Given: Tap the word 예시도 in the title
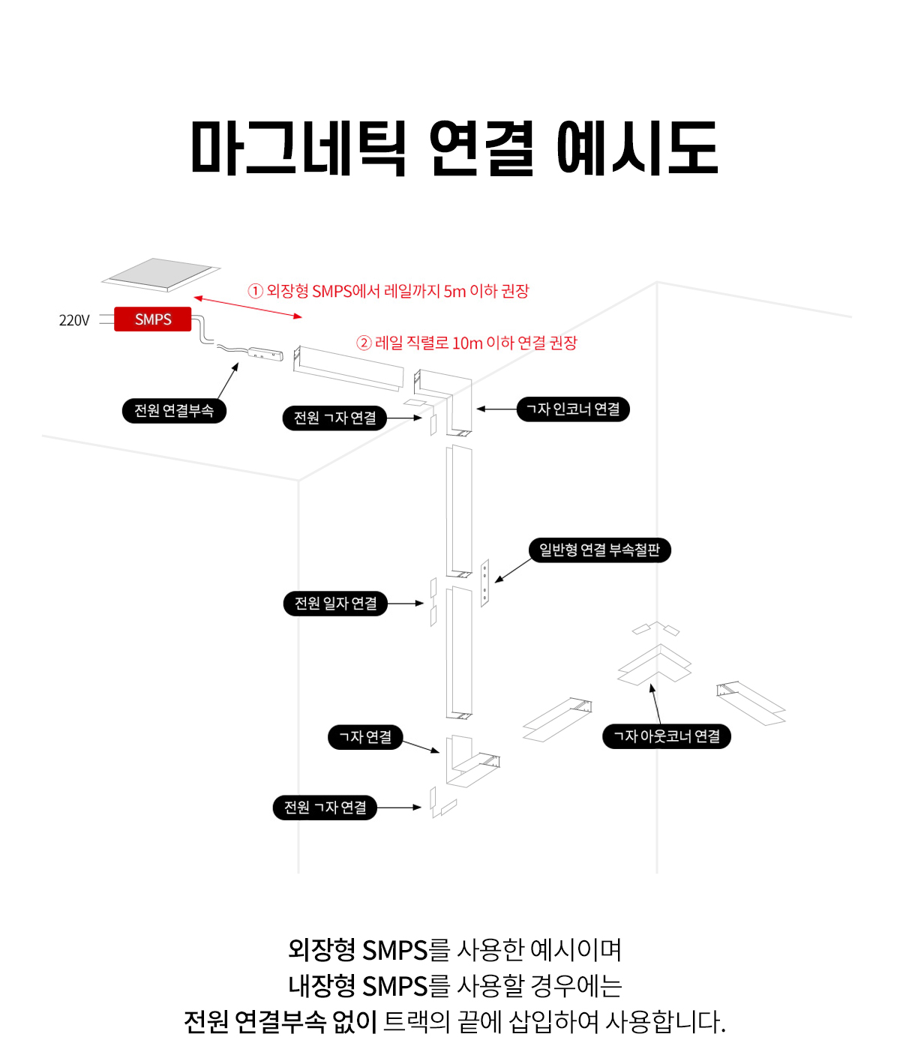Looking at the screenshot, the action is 637,148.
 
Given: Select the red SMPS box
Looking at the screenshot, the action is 153,319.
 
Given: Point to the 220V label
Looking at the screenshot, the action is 74,320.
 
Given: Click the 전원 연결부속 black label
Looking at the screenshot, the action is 174,410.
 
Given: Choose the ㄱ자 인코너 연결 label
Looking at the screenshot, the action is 573,409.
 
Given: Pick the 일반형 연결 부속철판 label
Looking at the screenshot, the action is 599,550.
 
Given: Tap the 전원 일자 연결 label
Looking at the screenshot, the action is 335,604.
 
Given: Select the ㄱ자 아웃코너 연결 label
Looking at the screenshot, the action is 667,736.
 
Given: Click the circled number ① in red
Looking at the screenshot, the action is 256,291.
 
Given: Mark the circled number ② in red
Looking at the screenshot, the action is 364,343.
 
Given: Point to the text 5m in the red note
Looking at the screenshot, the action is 455,291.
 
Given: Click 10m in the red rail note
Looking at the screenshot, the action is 467,343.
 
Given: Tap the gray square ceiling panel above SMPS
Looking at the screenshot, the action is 161,274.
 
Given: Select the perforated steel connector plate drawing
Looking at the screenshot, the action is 484,582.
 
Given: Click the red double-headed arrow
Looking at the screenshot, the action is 247,307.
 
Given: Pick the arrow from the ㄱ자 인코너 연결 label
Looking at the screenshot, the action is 496,409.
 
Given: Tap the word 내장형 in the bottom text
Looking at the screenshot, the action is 322,985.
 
